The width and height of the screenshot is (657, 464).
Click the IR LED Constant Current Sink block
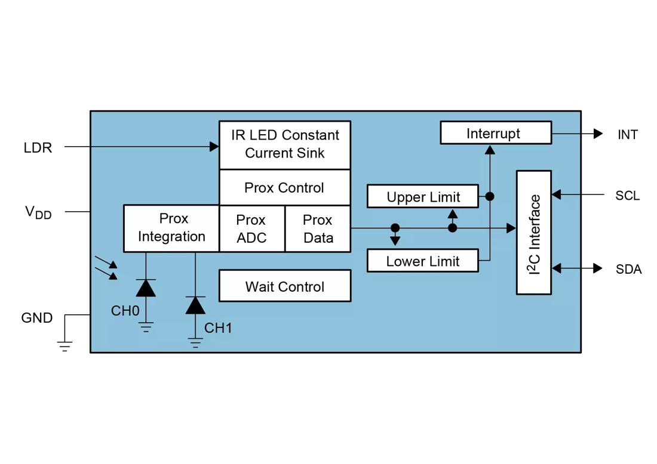point(285,144)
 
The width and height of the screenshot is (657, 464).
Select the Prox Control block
point(285,188)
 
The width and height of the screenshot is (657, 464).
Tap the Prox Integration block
point(171,228)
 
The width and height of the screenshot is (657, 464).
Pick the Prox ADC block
point(251,228)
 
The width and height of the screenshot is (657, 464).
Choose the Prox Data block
point(318,228)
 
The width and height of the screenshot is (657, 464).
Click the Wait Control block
point(285,286)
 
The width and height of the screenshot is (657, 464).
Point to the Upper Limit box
point(423,197)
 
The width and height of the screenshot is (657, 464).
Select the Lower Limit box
point(423,261)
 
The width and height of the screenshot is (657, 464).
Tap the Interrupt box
point(496,133)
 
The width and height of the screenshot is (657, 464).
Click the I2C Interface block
point(534,233)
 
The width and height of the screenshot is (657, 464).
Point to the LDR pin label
point(38,148)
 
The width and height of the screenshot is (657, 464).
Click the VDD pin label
point(38,212)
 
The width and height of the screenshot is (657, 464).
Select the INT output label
point(628,135)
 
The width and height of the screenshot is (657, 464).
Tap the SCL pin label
point(628,196)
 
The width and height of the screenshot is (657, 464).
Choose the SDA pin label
point(628,270)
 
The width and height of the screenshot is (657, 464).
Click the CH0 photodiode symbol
point(146,288)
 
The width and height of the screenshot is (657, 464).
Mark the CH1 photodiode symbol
point(195,305)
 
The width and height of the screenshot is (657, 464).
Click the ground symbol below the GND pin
point(65,345)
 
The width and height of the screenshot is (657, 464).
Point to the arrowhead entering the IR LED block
point(214,146)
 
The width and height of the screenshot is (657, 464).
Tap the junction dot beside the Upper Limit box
point(489,196)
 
